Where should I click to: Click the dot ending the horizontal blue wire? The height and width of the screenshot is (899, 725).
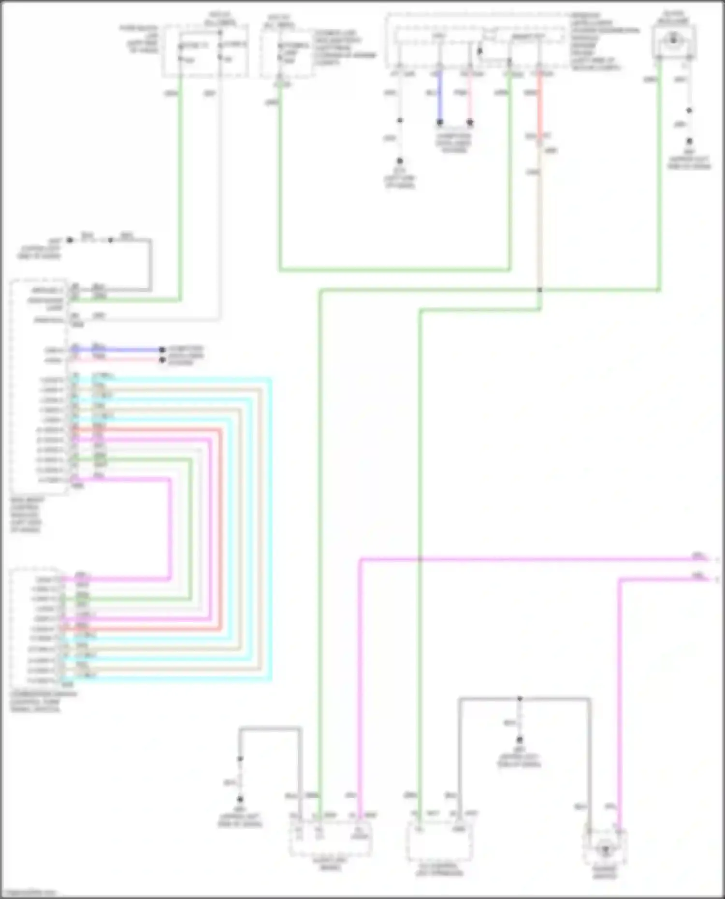coord(162,350)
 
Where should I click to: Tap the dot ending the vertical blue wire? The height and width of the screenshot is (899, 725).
coord(440,123)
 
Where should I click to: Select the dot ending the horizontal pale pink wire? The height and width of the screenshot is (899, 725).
coord(162,360)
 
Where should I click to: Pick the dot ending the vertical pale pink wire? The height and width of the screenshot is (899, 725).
coord(470,123)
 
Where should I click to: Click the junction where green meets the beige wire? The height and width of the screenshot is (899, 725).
coord(539,290)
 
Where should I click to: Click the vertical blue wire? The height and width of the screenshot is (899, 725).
coord(440,97)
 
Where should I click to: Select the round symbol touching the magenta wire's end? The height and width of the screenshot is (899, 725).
coord(605,848)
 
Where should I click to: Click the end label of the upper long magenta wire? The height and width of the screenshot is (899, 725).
coord(698,557)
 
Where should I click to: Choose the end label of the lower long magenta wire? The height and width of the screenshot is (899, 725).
coord(698,576)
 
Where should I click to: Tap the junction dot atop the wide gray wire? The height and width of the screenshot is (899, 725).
coord(520,699)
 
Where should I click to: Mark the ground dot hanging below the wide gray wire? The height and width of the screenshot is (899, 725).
coord(520,740)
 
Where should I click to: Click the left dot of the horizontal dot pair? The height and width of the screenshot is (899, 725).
coord(70,240)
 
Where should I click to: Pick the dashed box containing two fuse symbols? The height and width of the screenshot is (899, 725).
coord(205,51)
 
